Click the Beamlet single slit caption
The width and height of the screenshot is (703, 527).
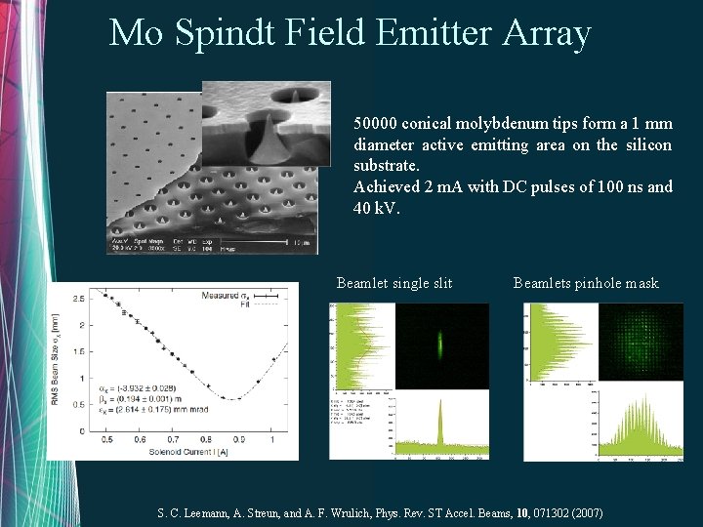[x=394, y=284]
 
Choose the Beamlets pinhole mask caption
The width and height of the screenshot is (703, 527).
[x=586, y=284]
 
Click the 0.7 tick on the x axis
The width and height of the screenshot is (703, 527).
[x=172, y=439]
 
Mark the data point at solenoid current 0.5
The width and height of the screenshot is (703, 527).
[x=105, y=295]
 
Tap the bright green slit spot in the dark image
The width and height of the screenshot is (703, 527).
[x=441, y=343]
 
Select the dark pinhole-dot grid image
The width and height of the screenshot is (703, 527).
[x=641, y=343]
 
